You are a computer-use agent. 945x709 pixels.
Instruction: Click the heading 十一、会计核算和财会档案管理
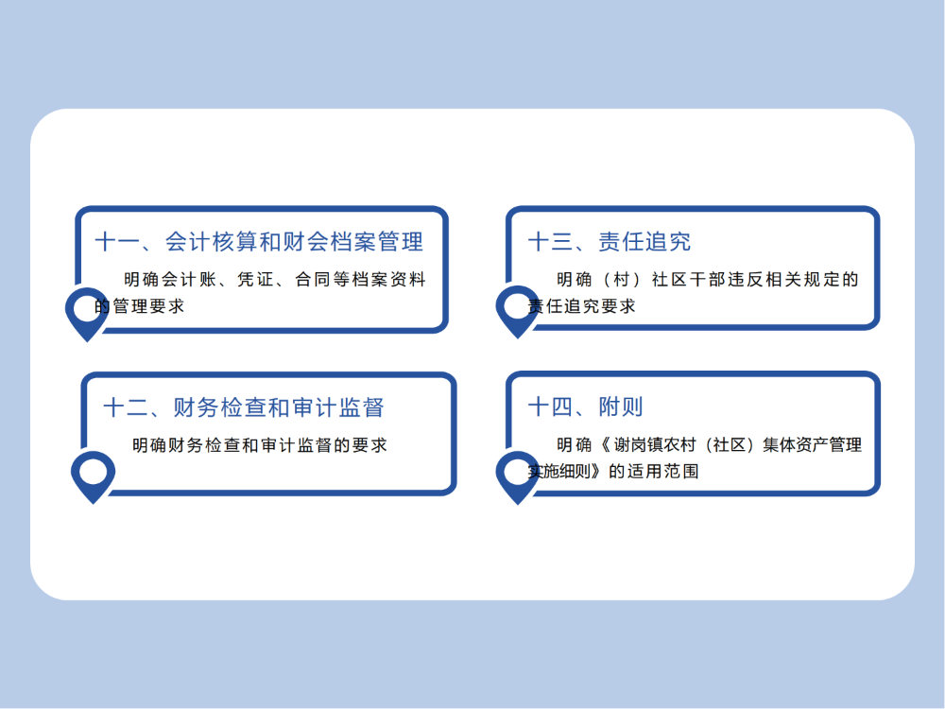pos(258,242)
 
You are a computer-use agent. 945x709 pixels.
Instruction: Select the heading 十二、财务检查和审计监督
pos(244,408)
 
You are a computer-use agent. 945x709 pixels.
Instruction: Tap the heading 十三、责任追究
pos(610,242)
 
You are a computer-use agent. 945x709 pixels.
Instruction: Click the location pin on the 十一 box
pos(88,310)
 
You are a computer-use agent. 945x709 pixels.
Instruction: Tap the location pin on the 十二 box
pos(94,474)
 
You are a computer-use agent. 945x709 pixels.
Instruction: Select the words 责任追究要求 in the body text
pos(582,306)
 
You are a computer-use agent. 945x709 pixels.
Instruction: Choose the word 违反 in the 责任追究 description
pos(763,280)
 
